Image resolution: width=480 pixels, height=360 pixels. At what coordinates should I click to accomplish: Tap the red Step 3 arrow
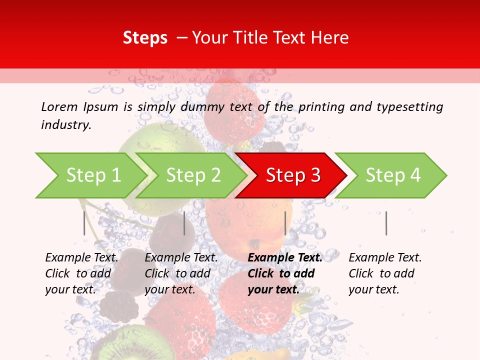(x=293, y=175)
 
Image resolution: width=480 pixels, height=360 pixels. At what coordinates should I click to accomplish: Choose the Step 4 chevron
(x=393, y=175)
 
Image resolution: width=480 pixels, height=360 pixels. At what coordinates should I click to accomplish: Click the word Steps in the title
(x=145, y=38)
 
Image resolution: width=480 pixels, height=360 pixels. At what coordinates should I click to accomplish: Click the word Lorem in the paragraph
(x=59, y=106)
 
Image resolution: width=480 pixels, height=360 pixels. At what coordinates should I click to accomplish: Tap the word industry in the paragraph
(x=66, y=124)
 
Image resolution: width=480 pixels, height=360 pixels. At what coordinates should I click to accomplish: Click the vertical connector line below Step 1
(x=84, y=223)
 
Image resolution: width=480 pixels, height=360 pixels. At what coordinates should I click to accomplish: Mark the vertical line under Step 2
(x=184, y=223)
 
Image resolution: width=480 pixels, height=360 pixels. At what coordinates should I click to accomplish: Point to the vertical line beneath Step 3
(x=285, y=223)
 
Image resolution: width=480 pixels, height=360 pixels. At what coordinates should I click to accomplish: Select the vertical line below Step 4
(x=386, y=223)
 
